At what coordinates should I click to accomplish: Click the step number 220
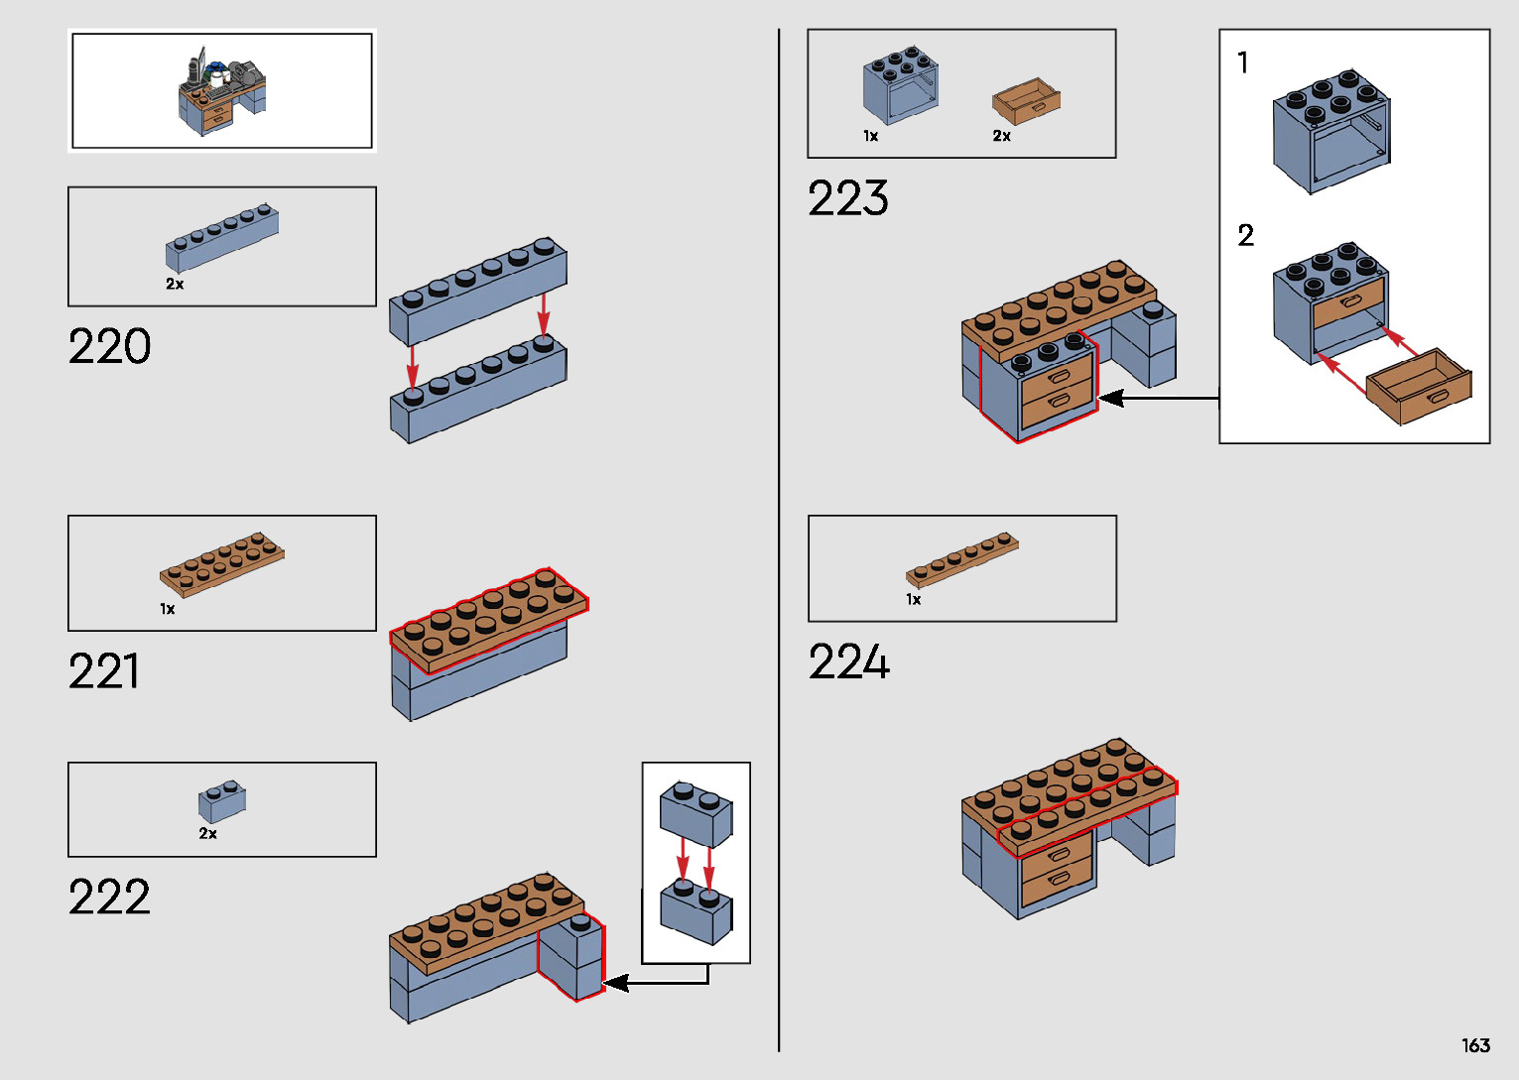[x=109, y=346]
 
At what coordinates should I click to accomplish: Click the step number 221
[x=103, y=671]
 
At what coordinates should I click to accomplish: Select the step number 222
[x=109, y=898]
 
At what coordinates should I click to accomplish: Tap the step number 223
[x=847, y=198]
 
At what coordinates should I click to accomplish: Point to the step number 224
[x=848, y=661]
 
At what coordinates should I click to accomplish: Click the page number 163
[x=1475, y=1045]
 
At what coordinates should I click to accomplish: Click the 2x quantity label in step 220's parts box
[x=175, y=284]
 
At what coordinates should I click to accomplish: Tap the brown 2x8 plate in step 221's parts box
[x=221, y=564]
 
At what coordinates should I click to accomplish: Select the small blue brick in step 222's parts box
[x=222, y=800]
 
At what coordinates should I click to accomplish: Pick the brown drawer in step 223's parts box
[x=1026, y=100]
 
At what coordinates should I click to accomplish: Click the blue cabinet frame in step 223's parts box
[x=900, y=86]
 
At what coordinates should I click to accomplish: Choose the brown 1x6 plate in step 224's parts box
[x=961, y=559]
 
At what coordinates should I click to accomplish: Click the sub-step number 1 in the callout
[x=1242, y=62]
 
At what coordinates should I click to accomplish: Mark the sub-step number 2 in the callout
[x=1245, y=235]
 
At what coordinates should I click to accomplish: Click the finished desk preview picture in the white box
[x=222, y=91]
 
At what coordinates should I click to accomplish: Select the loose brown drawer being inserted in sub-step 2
[x=1419, y=386]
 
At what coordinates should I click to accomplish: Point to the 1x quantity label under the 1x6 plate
[x=913, y=599]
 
